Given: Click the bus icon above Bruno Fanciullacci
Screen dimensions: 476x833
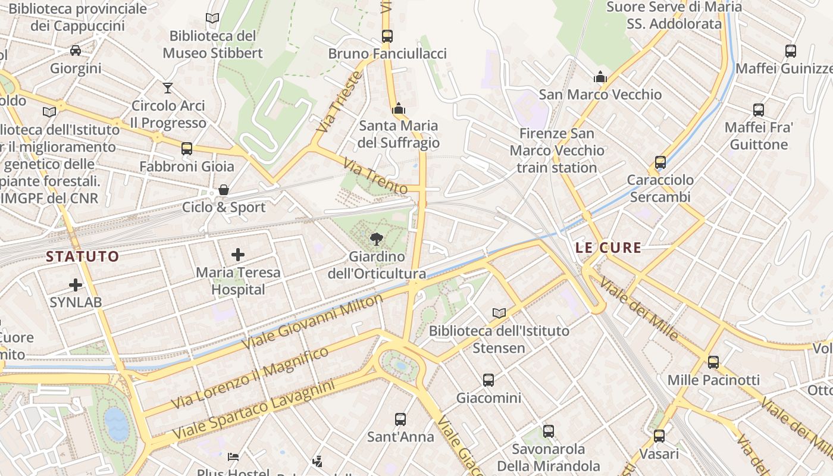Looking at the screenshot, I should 387,36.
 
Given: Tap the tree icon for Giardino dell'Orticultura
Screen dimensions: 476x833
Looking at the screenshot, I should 376,239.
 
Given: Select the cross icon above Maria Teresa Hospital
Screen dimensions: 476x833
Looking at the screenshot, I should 238,255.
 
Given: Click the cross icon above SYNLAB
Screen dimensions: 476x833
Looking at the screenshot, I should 76,285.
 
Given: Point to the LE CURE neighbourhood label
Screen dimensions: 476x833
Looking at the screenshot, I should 608,248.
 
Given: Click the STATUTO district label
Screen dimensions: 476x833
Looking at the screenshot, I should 83,256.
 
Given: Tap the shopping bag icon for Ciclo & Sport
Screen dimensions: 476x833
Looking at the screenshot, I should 224,190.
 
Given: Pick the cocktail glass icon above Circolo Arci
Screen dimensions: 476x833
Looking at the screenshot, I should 168,88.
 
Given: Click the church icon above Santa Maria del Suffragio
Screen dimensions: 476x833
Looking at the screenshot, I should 399,109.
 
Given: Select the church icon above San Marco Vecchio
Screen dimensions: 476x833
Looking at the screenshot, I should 600,77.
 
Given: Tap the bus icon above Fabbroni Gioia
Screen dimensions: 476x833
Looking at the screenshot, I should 187,149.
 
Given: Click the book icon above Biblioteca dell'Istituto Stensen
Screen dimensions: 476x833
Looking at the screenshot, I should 499,313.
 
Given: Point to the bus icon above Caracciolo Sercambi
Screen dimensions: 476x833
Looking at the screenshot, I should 660,162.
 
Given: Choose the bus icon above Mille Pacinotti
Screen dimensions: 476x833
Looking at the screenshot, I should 713,362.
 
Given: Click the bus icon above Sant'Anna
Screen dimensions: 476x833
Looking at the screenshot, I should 400,419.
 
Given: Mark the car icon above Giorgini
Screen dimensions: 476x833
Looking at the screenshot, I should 76,51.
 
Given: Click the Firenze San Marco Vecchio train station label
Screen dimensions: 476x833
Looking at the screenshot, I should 556,151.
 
